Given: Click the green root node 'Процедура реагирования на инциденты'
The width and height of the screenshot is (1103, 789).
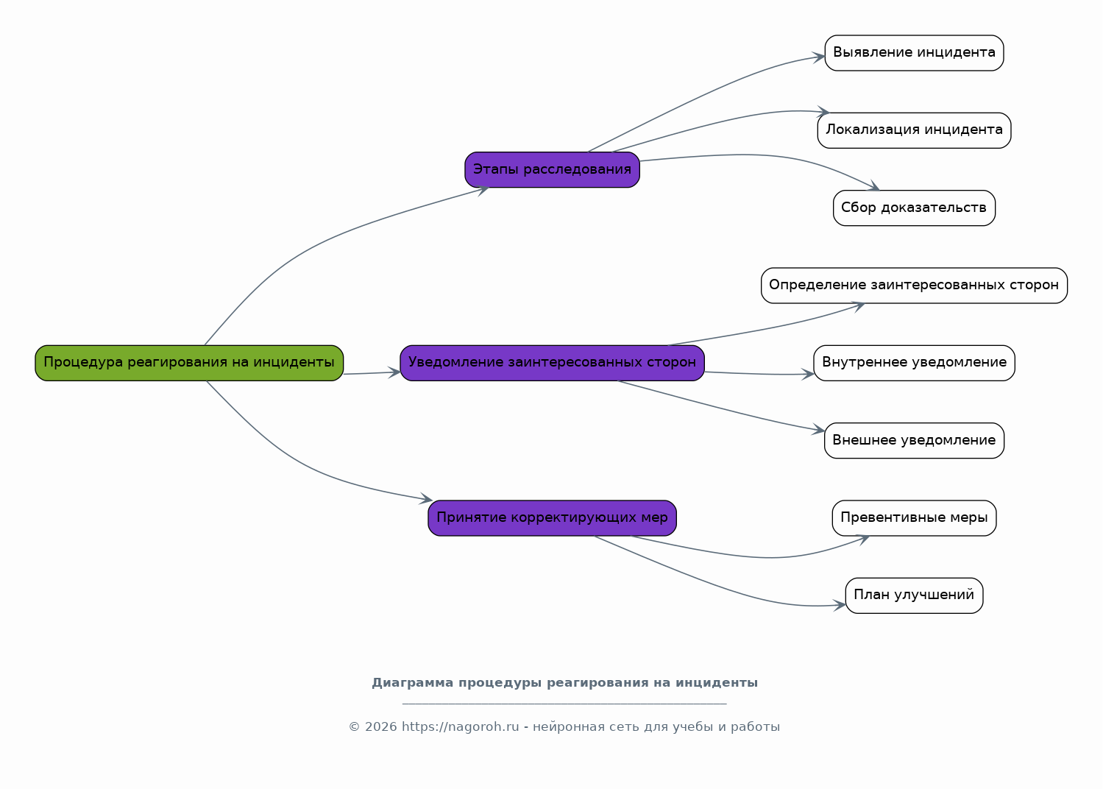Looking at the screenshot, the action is [189, 363].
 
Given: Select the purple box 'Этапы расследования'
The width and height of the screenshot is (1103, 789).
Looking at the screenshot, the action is [552, 170].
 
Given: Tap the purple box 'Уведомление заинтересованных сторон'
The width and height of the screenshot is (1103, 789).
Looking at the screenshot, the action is [552, 363].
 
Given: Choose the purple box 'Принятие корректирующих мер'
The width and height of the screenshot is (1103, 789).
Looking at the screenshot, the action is [552, 518].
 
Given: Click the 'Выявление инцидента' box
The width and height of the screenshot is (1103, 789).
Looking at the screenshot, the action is [914, 53].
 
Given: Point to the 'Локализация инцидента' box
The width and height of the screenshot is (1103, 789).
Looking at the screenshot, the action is [914, 130].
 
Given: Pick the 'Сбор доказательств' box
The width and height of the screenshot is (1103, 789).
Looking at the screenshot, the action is [914, 208].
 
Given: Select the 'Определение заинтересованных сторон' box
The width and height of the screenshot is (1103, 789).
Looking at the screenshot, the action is [914, 286].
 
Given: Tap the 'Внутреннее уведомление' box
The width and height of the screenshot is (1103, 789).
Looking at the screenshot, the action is [914, 363].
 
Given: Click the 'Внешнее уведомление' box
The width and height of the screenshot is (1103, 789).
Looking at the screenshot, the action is [914, 441].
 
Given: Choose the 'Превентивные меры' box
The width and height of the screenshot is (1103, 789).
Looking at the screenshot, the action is [914, 518].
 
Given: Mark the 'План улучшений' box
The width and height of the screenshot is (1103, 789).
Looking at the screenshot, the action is [914, 595].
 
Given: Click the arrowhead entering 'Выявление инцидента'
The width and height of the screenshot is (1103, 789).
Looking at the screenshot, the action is [819, 57].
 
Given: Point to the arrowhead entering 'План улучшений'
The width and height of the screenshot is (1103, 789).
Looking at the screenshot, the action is [840, 605].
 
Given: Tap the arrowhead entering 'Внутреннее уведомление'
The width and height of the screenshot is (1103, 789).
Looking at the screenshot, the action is [807, 375].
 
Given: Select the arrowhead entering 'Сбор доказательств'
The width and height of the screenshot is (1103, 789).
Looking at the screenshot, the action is [873, 186].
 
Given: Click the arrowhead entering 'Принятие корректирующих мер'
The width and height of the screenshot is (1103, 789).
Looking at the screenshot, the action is [426, 498].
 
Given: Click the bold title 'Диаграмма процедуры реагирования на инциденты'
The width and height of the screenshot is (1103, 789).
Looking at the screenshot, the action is [565, 683].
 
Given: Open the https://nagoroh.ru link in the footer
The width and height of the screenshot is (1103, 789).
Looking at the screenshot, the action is [461, 727].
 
